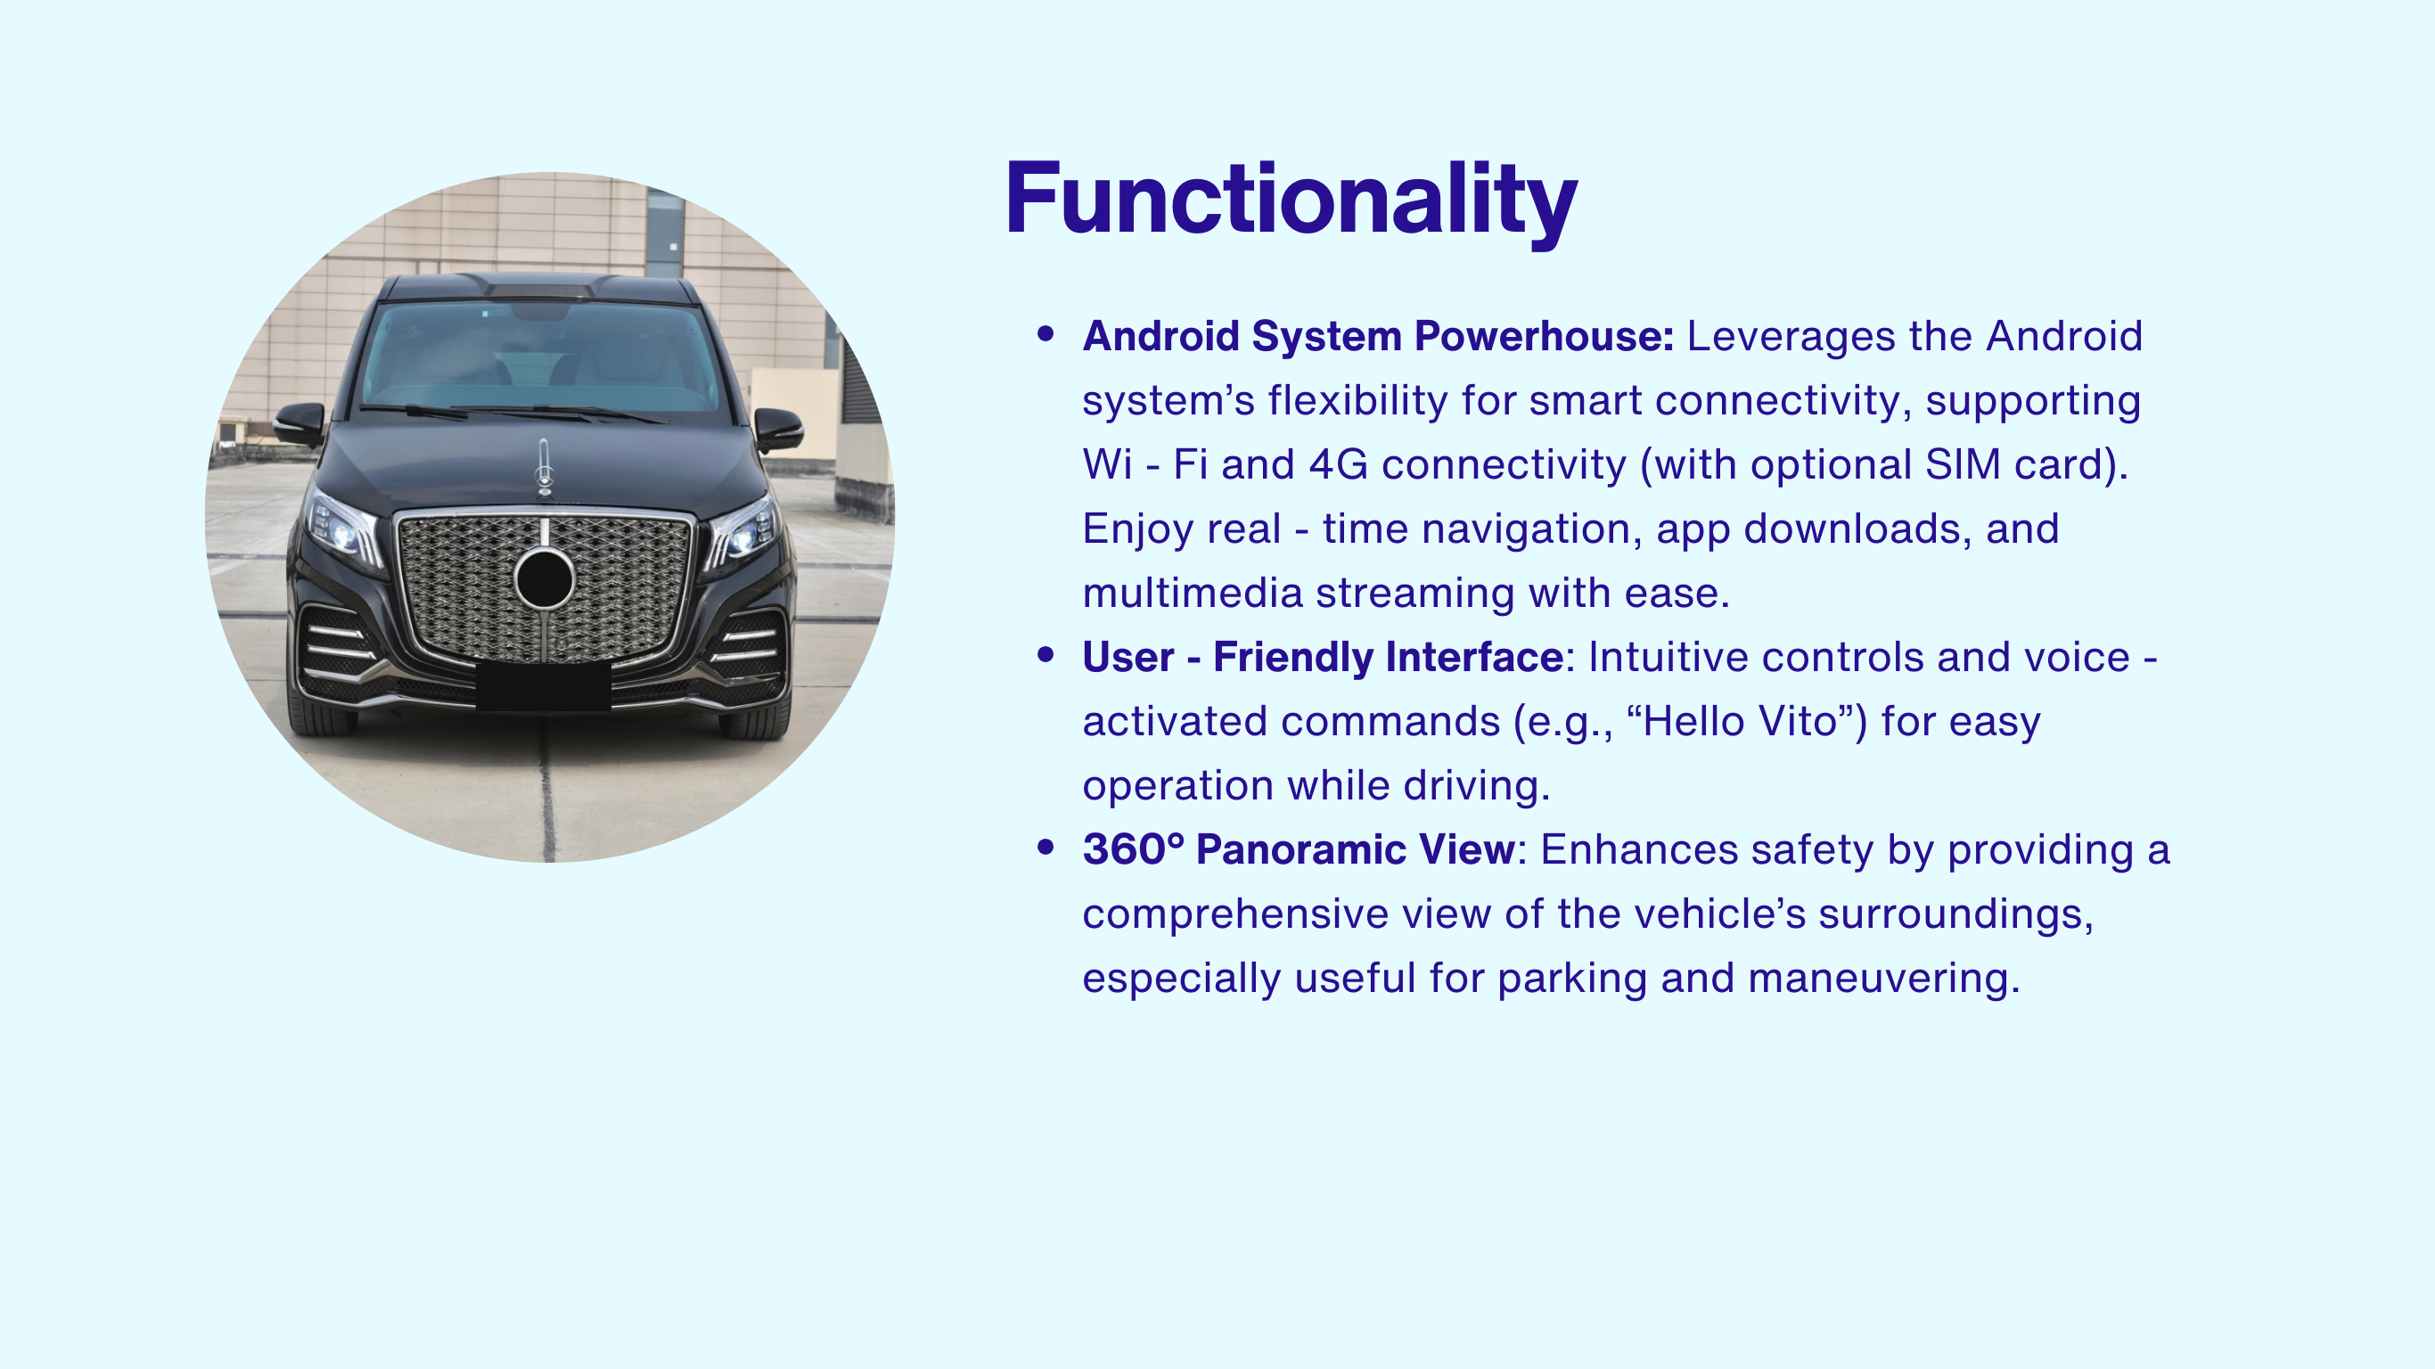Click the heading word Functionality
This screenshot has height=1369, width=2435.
coord(1291,201)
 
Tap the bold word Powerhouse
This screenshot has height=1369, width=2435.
coord(1544,337)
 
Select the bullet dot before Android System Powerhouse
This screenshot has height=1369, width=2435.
coord(1045,332)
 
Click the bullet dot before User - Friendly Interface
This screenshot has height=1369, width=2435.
coord(1045,654)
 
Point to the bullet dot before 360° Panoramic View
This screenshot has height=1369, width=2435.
coord(1045,847)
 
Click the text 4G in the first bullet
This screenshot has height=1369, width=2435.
coord(1338,464)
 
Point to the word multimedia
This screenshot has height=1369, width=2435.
coord(1193,594)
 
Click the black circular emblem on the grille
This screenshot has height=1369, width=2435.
coord(545,578)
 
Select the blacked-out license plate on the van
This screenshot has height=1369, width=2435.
coord(543,685)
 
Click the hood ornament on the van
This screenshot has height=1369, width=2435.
coord(544,466)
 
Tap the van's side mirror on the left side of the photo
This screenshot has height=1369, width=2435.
coord(299,422)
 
